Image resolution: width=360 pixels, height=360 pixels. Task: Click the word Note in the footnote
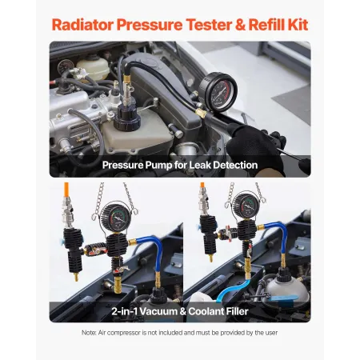coord(90,333)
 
